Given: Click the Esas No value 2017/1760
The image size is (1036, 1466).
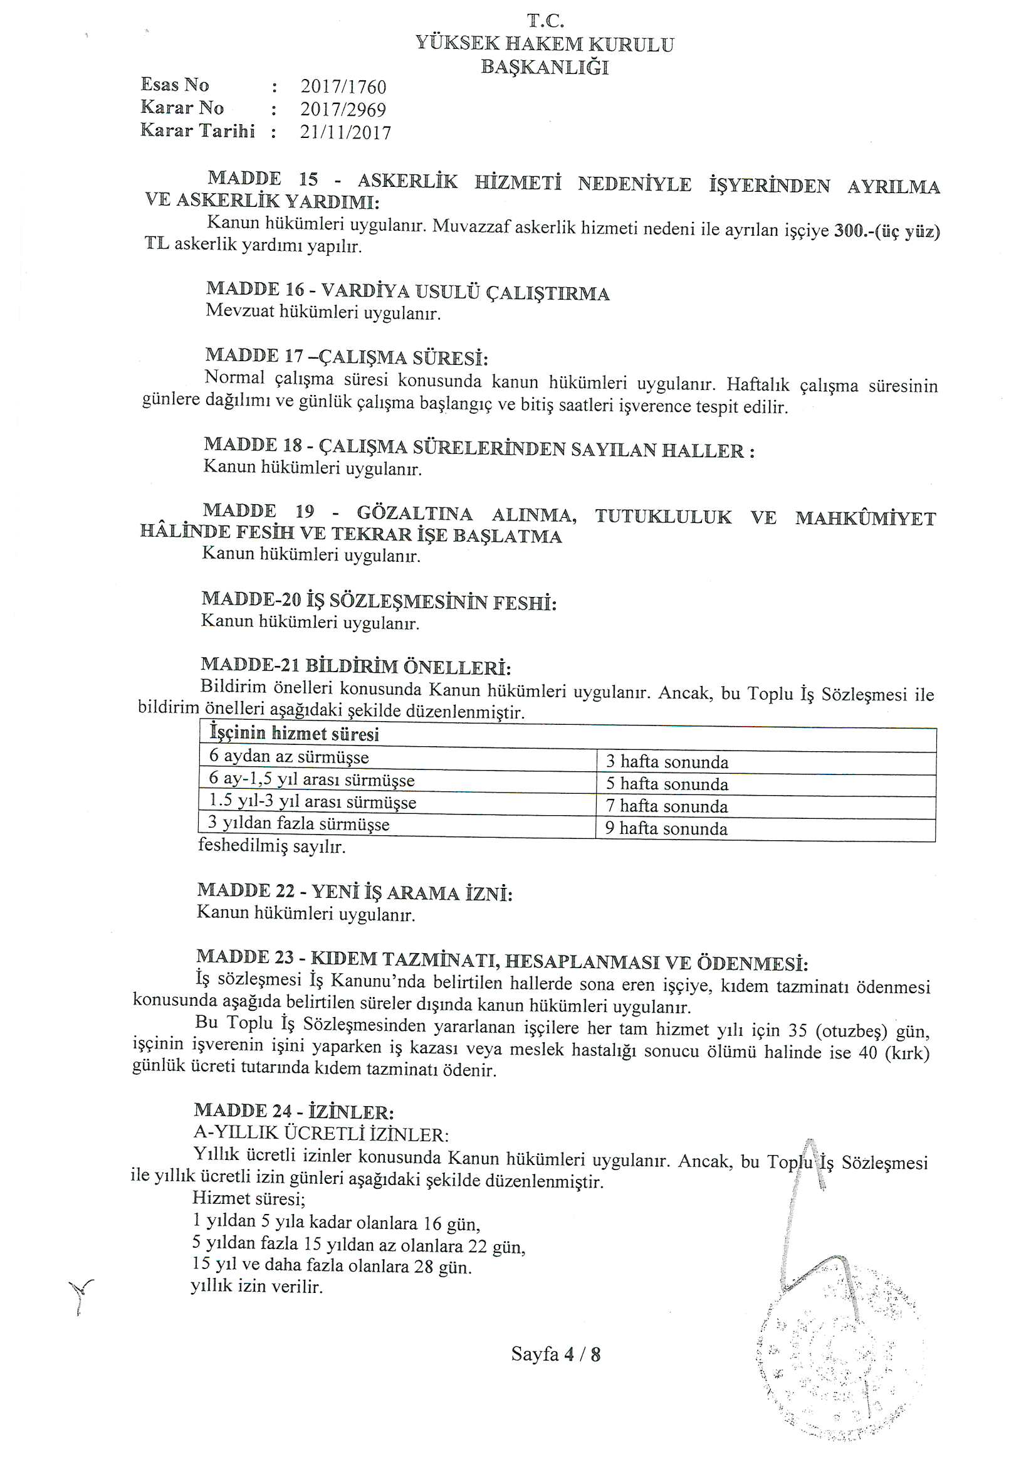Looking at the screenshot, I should (343, 87).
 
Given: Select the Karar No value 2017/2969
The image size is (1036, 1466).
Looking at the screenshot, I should (343, 110).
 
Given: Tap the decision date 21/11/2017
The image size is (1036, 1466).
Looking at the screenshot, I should (345, 133).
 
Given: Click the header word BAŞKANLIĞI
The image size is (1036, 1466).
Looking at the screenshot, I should (545, 68).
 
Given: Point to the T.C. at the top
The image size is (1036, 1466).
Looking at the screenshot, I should (545, 21).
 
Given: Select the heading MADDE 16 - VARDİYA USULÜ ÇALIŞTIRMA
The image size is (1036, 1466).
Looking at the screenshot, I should (408, 291).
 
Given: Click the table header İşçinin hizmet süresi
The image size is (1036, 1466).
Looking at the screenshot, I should (295, 734).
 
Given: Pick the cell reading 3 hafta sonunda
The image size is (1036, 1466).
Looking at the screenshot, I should (666, 762).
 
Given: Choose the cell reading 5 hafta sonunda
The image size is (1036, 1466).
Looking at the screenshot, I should (666, 784).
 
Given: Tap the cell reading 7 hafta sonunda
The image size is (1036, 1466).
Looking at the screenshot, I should (666, 806).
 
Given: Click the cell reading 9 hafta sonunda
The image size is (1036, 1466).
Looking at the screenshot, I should (666, 829).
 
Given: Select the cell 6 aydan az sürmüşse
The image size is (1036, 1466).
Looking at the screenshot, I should (289, 757).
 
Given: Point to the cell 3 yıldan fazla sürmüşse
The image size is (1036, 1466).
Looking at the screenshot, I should (299, 825).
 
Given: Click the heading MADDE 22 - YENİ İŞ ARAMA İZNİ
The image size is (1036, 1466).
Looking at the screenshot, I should (355, 892).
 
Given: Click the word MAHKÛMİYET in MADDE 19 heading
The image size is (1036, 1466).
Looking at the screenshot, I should (865, 519).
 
